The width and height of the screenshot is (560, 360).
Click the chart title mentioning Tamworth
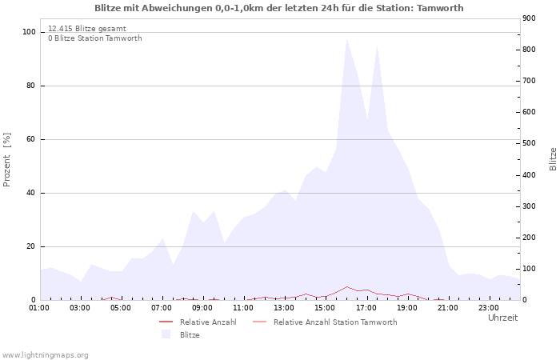[x=278, y=8]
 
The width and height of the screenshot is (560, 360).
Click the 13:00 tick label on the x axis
[x=284, y=306]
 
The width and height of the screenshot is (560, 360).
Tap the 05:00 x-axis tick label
[x=121, y=306]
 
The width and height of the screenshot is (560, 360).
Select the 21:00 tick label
[x=448, y=306]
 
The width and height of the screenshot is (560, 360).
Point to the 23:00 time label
[x=489, y=306]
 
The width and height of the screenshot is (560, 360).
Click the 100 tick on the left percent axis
[x=29, y=32]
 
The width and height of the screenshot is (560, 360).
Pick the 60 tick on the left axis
[x=31, y=139]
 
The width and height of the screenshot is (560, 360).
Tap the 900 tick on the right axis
[x=529, y=18]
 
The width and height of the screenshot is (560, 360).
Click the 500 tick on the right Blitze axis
[x=529, y=143]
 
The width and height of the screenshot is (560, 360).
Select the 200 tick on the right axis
[x=529, y=238]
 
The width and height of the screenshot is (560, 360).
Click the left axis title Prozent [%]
[x=7, y=160]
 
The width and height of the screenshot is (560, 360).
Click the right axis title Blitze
[x=553, y=158]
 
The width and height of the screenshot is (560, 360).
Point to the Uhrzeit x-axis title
[x=502, y=318]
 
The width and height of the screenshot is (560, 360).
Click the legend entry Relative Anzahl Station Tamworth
[x=334, y=322]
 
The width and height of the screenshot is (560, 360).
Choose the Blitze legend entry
[x=190, y=335]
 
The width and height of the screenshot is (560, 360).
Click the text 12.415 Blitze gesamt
[x=86, y=29]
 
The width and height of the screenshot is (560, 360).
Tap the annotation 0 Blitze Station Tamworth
[x=94, y=38]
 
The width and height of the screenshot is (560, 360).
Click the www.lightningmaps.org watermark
[x=45, y=354]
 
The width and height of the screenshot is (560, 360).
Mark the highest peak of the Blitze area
[x=346, y=39]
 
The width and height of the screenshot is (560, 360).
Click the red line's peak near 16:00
[x=346, y=286]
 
